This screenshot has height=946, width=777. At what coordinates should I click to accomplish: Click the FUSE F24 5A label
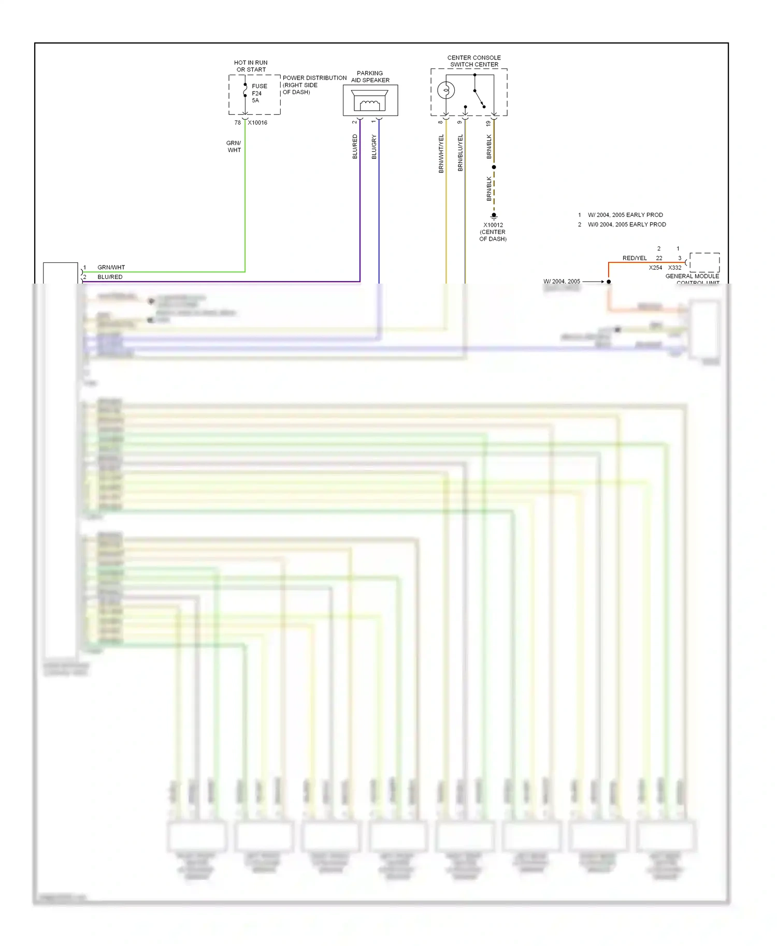[259, 93]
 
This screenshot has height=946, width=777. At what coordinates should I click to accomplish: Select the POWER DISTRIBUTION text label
[314, 78]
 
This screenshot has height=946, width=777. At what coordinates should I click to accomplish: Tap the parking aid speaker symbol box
[370, 100]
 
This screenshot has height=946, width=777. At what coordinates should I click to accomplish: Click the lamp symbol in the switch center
[446, 91]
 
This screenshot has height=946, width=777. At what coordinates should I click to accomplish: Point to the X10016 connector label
[257, 123]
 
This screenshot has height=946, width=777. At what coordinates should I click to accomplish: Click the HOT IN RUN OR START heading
[251, 66]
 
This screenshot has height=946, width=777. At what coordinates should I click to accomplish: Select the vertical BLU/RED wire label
[355, 146]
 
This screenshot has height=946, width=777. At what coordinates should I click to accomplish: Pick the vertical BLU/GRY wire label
[374, 146]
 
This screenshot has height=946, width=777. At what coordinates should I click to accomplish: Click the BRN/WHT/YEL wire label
[441, 154]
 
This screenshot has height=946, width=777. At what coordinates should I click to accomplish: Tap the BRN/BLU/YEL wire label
[460, 153]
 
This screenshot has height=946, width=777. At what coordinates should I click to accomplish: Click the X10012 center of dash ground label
[493, 232]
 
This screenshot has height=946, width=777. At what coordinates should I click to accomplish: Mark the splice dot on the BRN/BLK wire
[494, 167]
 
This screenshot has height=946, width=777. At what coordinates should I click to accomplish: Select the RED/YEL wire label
[634, 258]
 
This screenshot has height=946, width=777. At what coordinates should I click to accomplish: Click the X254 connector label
[655, 268]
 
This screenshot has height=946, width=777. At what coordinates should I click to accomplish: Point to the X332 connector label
[674, 268]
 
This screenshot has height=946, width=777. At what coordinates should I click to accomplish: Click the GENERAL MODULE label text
[692, 276]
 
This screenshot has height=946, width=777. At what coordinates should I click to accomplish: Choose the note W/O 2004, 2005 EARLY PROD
[626, 225]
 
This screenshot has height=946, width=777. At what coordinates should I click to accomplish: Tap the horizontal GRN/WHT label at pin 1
[111, 268]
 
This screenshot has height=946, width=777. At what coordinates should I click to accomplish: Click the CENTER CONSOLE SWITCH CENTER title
[474, 61]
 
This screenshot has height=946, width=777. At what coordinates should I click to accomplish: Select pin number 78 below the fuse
[237, 123]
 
